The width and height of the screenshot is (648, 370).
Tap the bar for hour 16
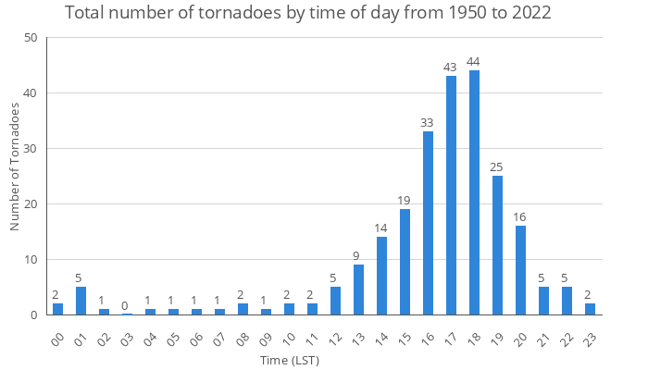click(x=428, y=223)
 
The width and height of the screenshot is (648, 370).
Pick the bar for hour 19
click(x=497, y=245)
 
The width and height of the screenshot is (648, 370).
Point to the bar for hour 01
click(x=81, y=301)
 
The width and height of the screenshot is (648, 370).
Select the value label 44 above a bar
click(x=474, y=62)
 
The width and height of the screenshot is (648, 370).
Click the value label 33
click(x=428, y=123)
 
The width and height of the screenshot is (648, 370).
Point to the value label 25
click(x=497, y=167)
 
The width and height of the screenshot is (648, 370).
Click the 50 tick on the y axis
click(x=31, y=38)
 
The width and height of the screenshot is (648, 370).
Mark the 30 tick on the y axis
click(x=31, y=149)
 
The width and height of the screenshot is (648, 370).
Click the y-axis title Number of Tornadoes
click(x=15, y=166)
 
